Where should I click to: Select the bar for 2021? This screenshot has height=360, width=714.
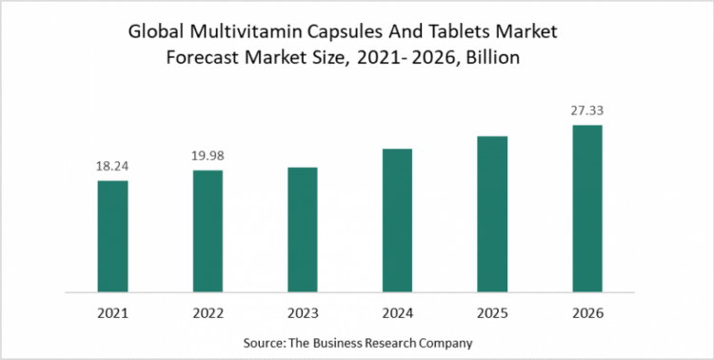click(x=112, y=235)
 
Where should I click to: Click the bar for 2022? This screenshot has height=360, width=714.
click(x=208, y=230)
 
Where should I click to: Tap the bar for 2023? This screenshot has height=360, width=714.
click(x=302, y=229)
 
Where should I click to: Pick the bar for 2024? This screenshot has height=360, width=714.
click(x=397, y=220)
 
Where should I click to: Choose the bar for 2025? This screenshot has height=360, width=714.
click(x=492, y=213)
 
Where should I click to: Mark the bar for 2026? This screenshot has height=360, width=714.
click(x=586, y=208)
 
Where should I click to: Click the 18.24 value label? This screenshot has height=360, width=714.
click(x=112, y=167)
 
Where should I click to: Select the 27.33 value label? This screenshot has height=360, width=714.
click(x=586, y=110)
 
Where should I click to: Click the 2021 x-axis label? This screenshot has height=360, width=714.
click(x=112, y=310)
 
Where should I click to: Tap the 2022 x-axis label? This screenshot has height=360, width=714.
click(x=208, y=310)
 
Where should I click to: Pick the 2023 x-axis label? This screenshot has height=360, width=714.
click(x=302, y=310)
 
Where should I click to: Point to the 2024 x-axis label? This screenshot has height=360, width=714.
click(x=397, y=310)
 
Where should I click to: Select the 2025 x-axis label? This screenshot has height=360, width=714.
click(x=492, y=310)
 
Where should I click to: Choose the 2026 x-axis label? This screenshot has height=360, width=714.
click(x=586, y=310)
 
